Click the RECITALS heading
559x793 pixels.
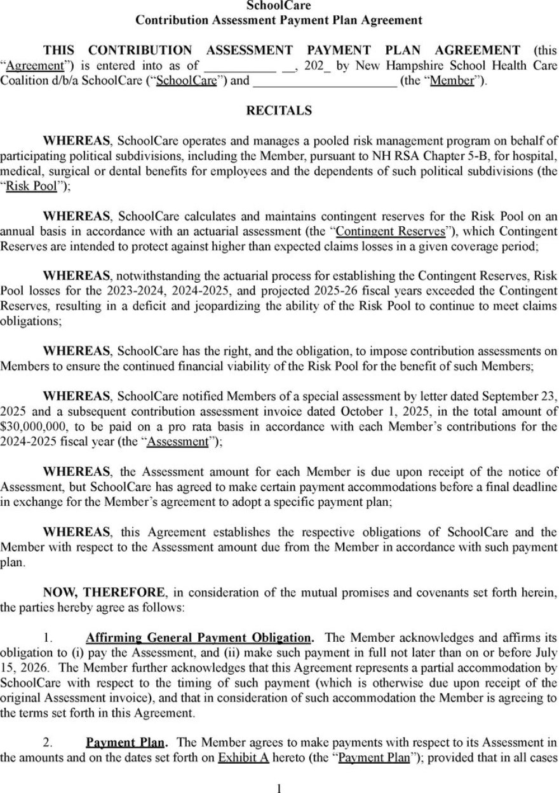tap(279, 111)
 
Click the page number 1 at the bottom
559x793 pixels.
tap(279, 787)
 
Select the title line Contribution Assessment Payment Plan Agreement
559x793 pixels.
tap(279, 20)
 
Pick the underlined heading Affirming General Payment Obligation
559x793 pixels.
tap(199, 637)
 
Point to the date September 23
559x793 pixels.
tap(508, 396)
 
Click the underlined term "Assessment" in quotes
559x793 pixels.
tap(177, 442)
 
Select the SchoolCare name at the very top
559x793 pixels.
tap(279, 6)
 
